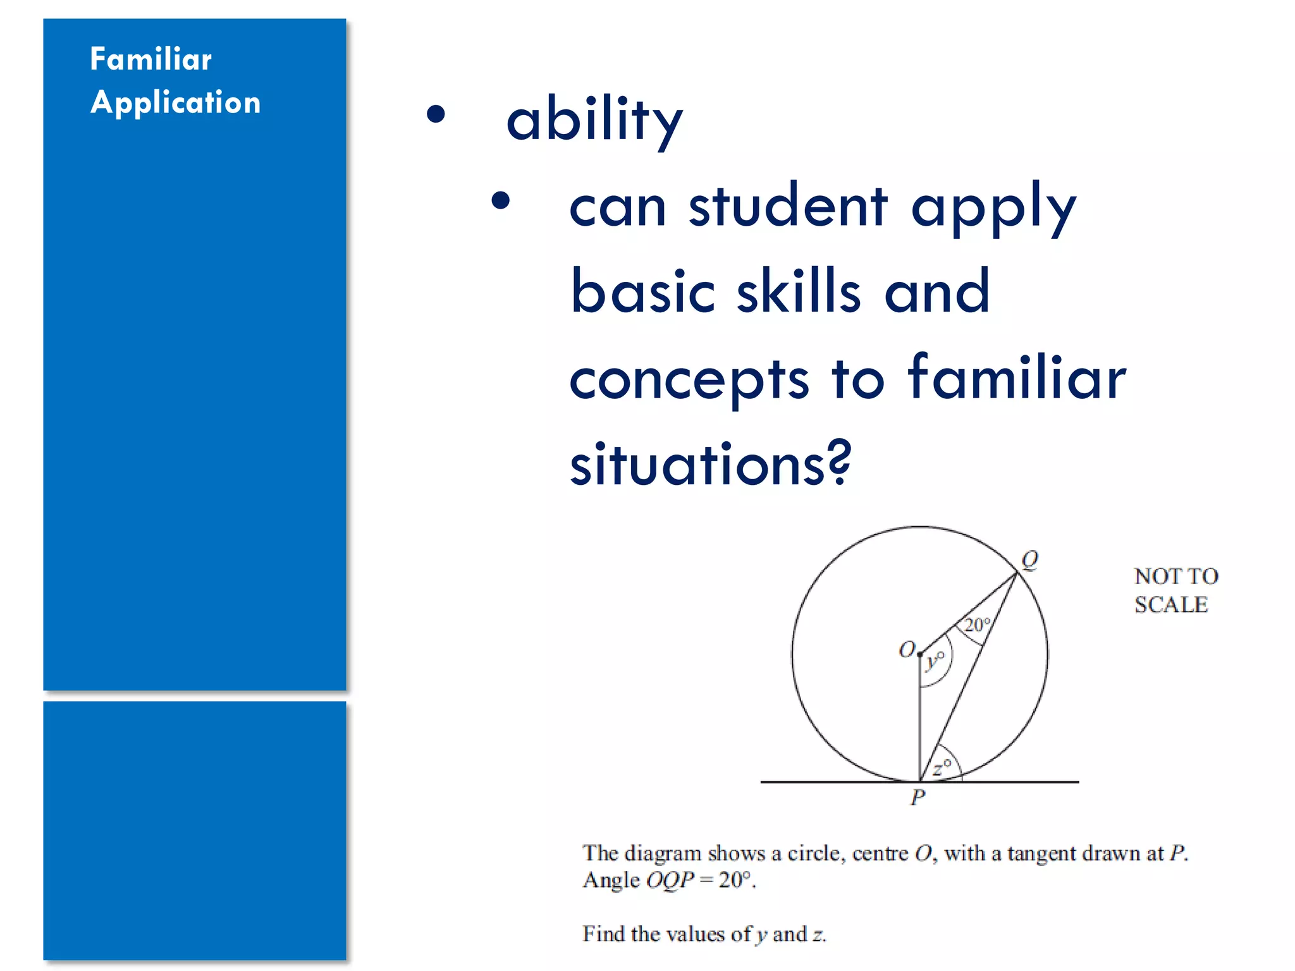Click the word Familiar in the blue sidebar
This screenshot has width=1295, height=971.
pos(150,59)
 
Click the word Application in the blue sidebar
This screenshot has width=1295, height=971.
pos(175,103)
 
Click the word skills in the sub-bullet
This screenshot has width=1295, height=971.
pos(799,292)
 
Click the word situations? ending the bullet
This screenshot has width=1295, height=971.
pos(710,465)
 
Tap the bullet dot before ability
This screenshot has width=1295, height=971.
pos(436,114)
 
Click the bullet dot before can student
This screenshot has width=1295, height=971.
pos(500,201)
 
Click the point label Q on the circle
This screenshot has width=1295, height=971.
pos(1029,559)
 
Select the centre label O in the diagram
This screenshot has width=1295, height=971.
pos(907,649)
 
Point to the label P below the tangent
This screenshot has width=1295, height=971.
pos(918,797)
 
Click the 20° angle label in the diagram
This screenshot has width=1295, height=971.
pos(977,625)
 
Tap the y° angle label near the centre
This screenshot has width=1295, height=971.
pos(935,661)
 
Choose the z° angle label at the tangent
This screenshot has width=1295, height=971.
pos(942,767)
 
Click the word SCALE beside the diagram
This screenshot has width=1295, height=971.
pos(1170,605)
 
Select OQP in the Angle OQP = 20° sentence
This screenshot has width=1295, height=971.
pos(670,880)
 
